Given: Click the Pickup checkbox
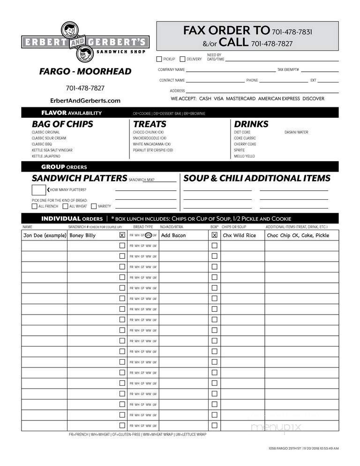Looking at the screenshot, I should [x=159, y=59].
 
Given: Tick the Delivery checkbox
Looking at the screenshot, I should [x=182, y=59].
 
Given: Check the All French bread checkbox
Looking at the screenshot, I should [x=34, y=206].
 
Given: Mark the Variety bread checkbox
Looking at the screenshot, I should [x=94, y=206].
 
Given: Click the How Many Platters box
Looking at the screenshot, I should [x=38, y=190].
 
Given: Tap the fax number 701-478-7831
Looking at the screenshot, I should [x=292, y=32].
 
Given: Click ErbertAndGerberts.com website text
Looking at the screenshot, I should [x=85, y=100].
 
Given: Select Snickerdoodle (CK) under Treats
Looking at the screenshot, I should [x=150, y=138].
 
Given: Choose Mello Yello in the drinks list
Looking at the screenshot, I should [x=244, y=156].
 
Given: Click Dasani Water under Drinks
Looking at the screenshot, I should [x=296, y=132].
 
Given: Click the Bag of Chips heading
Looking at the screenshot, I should [x=62, y=124].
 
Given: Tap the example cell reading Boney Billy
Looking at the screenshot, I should [x=82, y=235].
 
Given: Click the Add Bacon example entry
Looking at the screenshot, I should [x=173, y=235].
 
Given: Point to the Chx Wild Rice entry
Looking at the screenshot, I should [x=239, y=235].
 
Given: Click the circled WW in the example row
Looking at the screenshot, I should [x=148, y=235].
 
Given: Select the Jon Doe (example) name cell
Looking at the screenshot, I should [x=45, y=235].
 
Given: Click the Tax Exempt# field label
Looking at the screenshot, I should [x=288, y=69].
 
